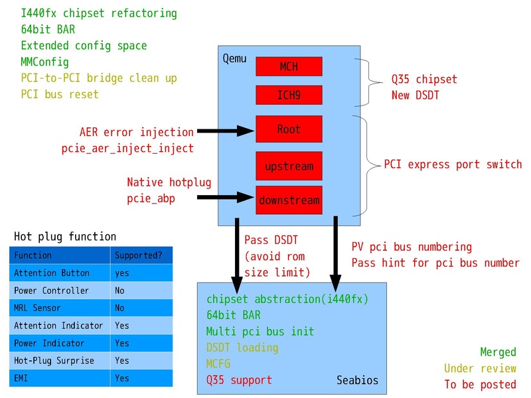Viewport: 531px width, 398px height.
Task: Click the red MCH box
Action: [x=289, y=66]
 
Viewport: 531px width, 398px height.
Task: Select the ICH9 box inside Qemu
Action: [x=289, y=96]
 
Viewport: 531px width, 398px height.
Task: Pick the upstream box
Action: [x=289, y=165]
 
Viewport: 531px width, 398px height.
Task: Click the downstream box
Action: [x=289, y=200]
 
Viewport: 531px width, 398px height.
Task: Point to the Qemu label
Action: [x=235, y=59]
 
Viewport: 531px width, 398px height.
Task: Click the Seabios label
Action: [x=356, y=380]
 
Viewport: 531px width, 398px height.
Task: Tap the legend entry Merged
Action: [x=498, y=352]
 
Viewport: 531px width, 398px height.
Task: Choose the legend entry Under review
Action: [x=480, y=368]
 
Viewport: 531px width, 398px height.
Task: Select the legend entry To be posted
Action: [x=480, y=384]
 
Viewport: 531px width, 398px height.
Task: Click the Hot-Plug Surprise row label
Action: [x=54, y=360]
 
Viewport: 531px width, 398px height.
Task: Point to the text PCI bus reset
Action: [x=60, y=94]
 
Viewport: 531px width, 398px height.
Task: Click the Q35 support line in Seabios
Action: [x=239, y=380]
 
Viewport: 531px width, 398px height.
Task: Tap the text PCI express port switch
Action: [x=453, y=165]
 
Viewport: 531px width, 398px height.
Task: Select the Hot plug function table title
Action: [x=65, y=236]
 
